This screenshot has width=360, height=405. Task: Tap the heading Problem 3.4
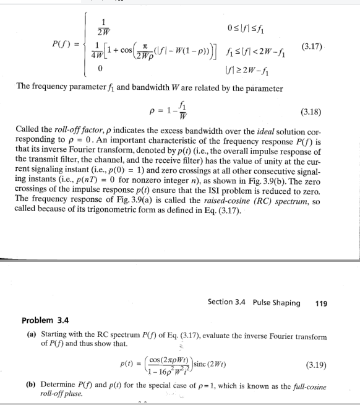point(45,321)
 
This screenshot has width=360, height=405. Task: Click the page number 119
point(321,303)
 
